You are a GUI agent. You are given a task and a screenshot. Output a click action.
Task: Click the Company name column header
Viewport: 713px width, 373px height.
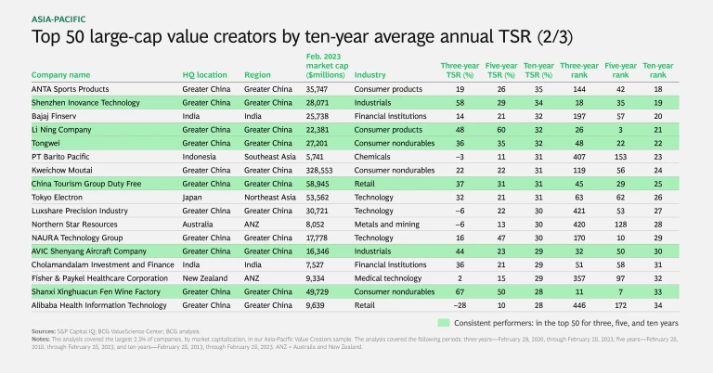tap(61, 74)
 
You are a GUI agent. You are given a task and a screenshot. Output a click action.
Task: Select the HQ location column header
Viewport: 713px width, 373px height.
tap(205, 74)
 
